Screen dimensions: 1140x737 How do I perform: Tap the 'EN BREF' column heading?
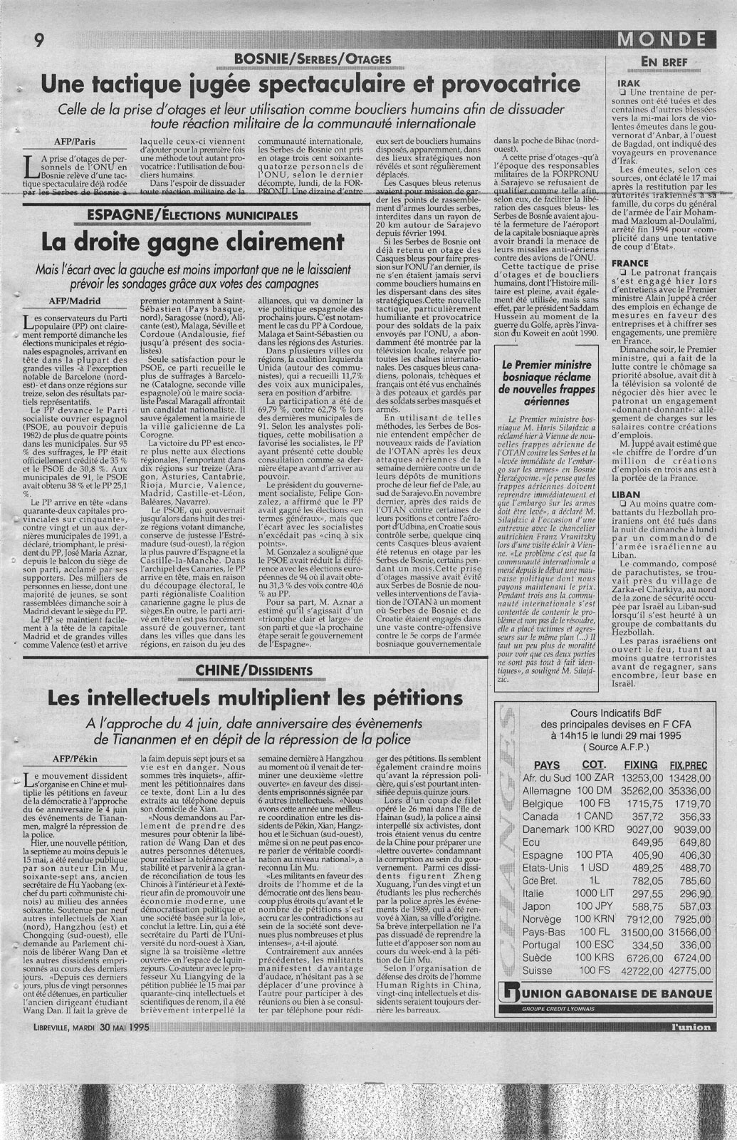[x=664, y=63]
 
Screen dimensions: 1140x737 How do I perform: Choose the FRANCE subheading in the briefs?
[x=630, y=263]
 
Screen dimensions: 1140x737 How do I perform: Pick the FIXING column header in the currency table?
[x=640, y=764]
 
